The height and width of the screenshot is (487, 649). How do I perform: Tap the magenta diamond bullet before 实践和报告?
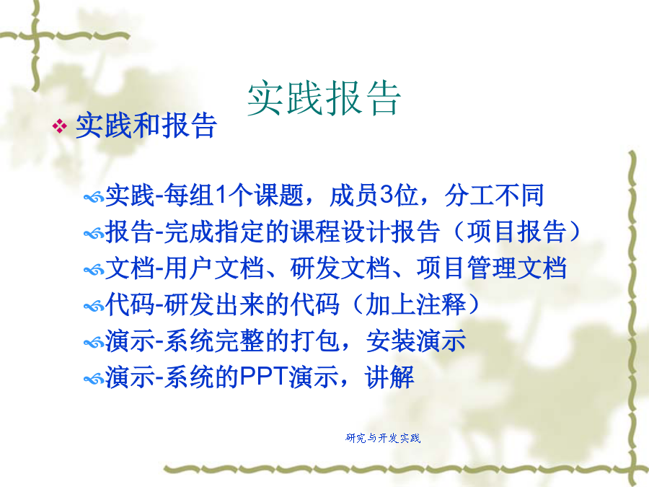click(x=60, y=126)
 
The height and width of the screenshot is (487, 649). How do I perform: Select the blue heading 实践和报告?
click(x=146, y=126)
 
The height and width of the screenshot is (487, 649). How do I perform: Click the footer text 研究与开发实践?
click(x=383, y=438)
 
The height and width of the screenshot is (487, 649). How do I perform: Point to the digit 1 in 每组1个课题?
click(x=222, y=195)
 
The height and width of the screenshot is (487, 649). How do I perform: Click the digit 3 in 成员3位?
click(x=387, y=195)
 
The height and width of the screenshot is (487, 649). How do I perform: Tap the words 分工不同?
click(x=494, y=195)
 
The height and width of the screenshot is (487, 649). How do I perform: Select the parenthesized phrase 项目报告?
click(x=516, y=232)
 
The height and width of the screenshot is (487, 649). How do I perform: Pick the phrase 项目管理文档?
click(x=492, y=268)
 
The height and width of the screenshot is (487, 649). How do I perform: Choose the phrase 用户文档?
click(x=214, y=268)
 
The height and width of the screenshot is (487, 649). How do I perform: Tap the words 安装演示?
click(x=416, y=341)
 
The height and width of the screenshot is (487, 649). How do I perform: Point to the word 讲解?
click(x=389, y=377)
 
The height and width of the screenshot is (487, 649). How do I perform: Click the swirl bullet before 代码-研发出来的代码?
click(x=94, y=307)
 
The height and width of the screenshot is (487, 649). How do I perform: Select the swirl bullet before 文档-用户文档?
click(x=94, y=271)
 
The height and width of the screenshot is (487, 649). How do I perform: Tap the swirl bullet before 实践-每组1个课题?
click(x=94, y=198)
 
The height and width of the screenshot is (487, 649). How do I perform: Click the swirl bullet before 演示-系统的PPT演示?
click(x=94, y=379)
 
